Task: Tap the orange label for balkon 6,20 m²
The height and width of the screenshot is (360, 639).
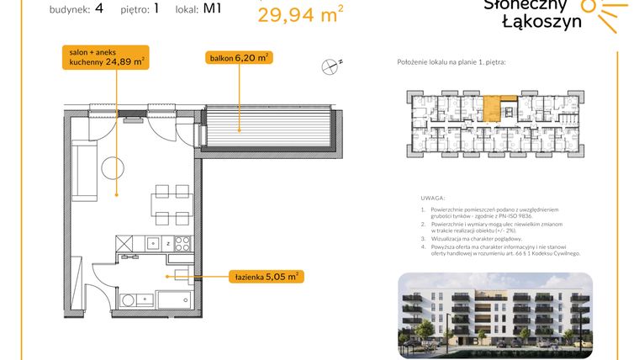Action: [239, 58]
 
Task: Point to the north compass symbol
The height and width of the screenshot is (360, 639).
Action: [331, 63]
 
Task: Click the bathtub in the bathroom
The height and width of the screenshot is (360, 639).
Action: [175, 299]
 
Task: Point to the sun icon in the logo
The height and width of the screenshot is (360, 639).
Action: [604, 12]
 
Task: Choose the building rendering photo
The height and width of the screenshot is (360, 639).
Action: [495, 315]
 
